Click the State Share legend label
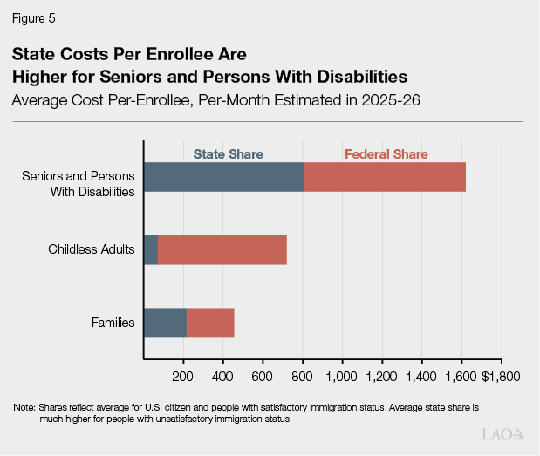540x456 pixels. (x=228, y=154)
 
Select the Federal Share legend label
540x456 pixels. (x=386, y=154)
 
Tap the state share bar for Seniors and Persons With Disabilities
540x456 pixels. (x=223, y=177)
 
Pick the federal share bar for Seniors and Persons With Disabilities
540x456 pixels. (x=385, y=177)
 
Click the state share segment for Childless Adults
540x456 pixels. (x=151, y=249)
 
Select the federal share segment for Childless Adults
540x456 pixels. (x=222, y=249)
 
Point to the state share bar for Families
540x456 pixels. (x=165, y=323)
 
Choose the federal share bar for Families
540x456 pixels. (x=210, y=323)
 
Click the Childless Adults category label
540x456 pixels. (x=92, y=250)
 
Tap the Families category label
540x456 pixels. (x=113, y=323)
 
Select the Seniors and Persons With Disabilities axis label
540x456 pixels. (x=79, y=184)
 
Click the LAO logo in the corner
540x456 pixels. (x=502, y=433)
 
